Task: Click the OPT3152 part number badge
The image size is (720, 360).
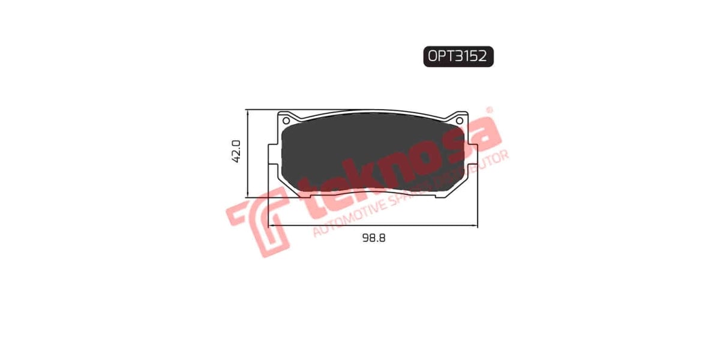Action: coord(458,56)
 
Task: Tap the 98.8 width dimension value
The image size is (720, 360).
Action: coord(373,238)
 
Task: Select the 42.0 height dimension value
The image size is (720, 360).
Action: coord(236,151)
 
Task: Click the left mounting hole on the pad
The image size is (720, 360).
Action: coord(286,120)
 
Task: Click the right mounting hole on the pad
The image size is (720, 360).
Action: coord(460,121)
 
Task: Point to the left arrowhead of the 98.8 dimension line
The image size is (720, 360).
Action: coord(271,226)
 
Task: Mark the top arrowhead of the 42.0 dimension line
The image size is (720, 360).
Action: coord(247,113)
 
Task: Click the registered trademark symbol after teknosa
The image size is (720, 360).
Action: coord(489,110)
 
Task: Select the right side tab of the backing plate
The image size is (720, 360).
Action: coord(473,157)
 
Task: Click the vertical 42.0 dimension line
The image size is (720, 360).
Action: coord(247,174)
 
